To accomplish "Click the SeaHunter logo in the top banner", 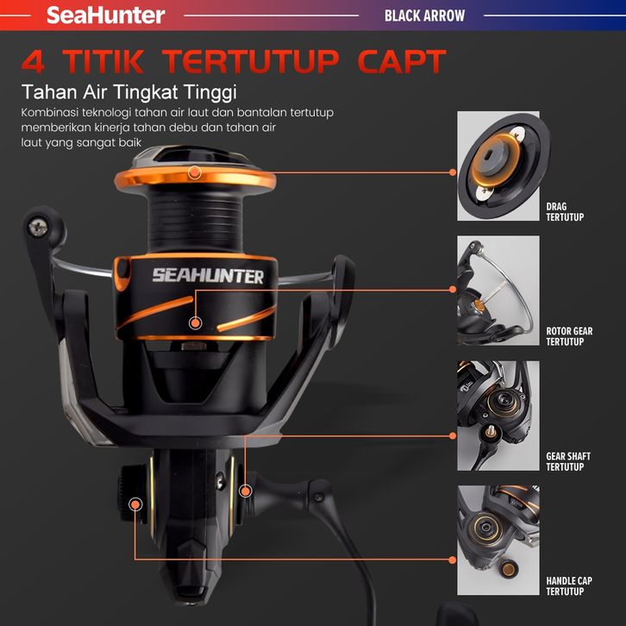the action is [106, 16].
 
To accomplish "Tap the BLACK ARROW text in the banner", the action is [425, 16].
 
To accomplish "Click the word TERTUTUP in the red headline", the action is [252, 61].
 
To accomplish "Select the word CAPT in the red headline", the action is [401, 61].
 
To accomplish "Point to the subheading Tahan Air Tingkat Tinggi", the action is [129, 92].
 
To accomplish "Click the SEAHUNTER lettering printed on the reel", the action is [208, 276].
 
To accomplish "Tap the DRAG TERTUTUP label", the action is [565, 212].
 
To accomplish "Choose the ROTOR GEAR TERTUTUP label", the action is [569, 336].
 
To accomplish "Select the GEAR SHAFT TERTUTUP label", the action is [568, 461].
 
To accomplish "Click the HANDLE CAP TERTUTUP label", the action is [569, 586].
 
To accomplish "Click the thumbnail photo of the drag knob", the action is [498, 166].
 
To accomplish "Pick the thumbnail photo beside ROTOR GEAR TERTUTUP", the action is [498, 291].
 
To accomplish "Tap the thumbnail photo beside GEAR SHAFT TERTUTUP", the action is [498, 416].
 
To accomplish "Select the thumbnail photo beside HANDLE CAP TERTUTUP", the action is [498, 540].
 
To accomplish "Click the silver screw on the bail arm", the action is [38, 228].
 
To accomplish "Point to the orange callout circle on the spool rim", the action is [194, 172].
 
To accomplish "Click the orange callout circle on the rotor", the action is [195, 322].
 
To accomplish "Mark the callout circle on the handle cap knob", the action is [135, 504].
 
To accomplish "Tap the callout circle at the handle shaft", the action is [246, 491].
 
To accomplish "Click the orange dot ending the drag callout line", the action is [453, 172].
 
